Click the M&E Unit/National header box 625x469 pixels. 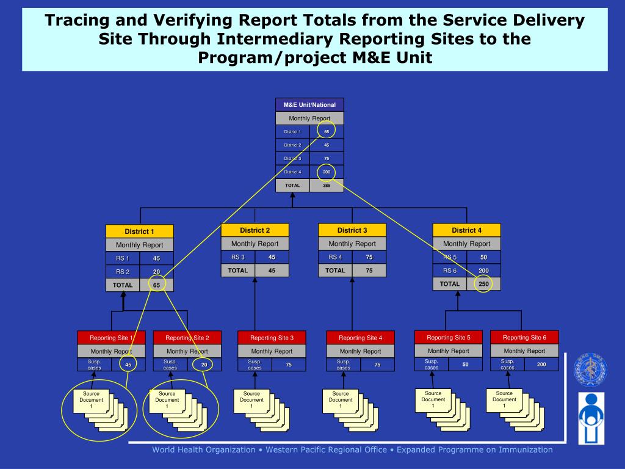click(x=309, y=105)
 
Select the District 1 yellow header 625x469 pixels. click(x=139, y=231)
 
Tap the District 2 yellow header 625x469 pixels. click(x=255, y=230)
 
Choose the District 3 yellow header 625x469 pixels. click(x=352, y=230)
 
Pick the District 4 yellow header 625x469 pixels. click(x=466, y=230)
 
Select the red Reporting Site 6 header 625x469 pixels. click(x=524, y=337)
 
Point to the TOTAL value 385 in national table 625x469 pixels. click(x=327, y=185)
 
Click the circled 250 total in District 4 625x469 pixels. click(x=483, y=284)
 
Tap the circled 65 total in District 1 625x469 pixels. click(x=156, y=285)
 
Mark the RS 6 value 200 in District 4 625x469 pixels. click(x=483, y=271)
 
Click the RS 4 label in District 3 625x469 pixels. click(x=335, y=257)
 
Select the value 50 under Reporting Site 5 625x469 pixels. click(x=465, y=365)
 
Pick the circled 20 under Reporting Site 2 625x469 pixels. click(x=204, y=365)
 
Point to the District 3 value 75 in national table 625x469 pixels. click(x=327, y=158)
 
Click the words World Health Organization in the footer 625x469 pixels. click(x=204, y=450)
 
